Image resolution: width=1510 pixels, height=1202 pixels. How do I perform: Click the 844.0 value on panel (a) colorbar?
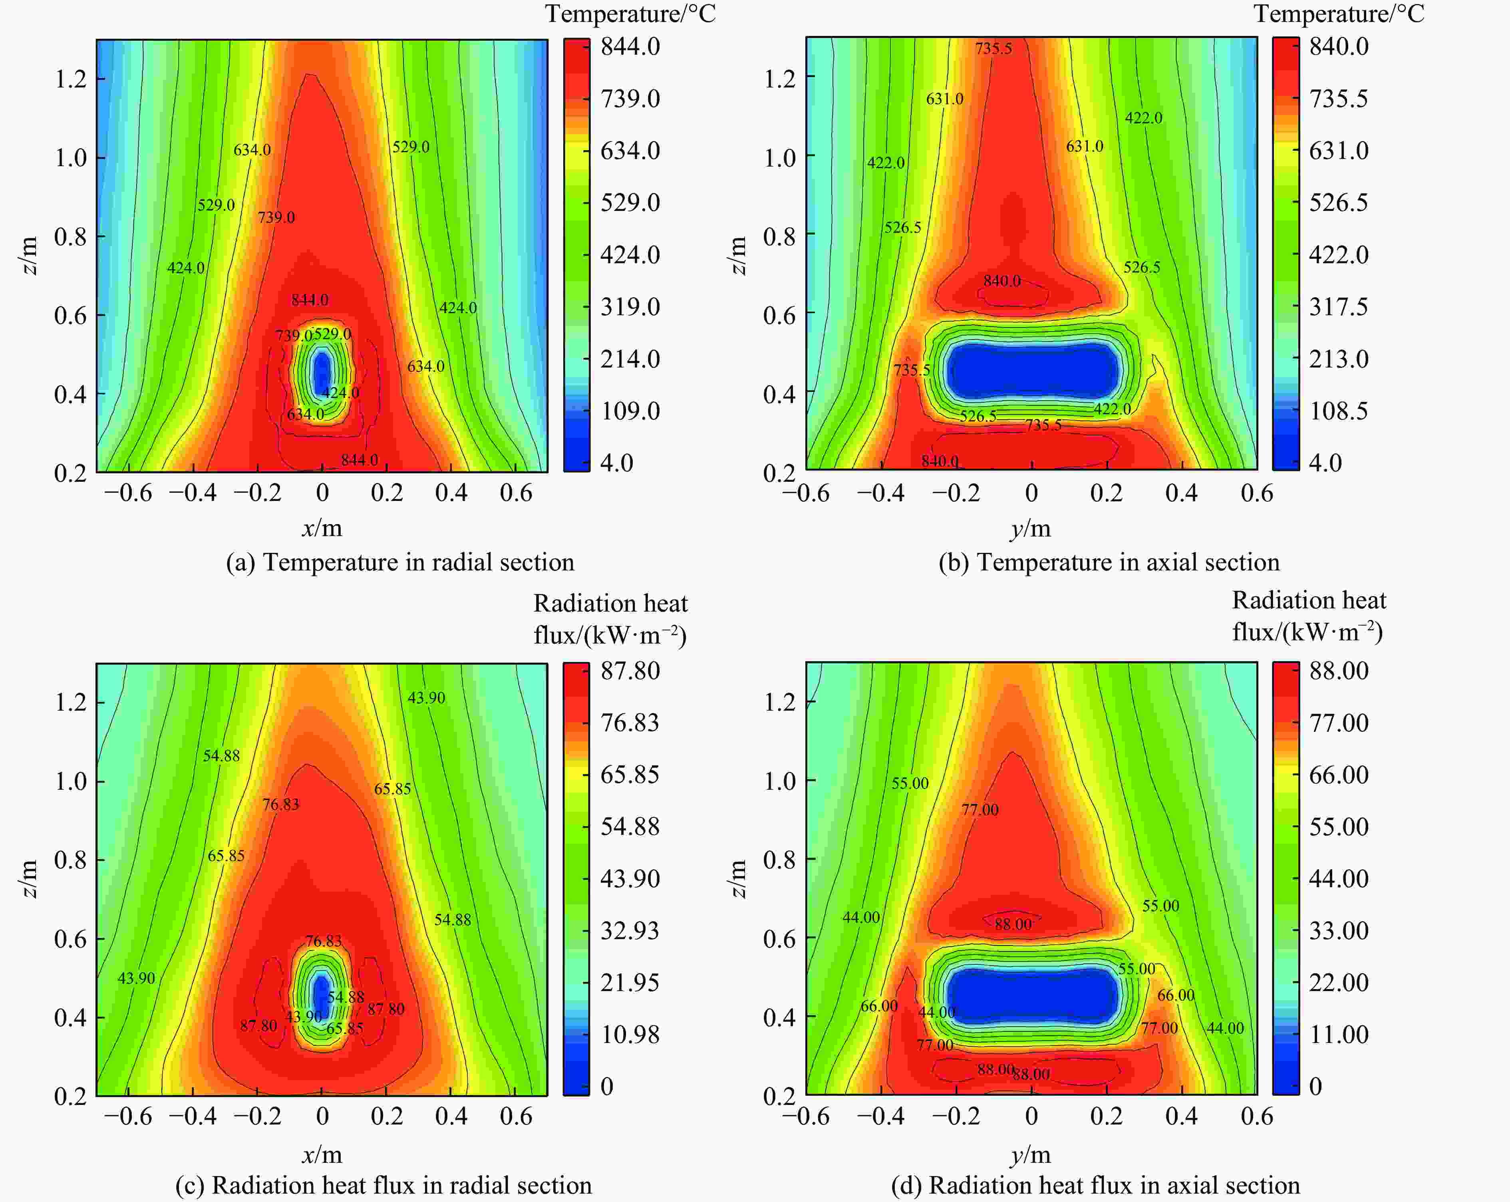click(x=630, y=47)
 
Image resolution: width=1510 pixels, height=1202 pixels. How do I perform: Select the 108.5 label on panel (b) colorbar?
click(x=1338, y=411)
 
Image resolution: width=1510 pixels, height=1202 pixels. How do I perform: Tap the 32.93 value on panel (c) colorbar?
click(x=630, y=931)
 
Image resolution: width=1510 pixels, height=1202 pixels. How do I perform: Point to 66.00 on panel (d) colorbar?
click(x=1338, y=775)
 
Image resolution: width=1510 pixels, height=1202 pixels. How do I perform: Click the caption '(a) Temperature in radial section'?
click(x=400, y=562)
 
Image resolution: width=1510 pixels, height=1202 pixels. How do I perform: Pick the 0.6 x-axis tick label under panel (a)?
click(x=516, y=493)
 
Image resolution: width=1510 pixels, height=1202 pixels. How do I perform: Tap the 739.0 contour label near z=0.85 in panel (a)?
click(x=276, y=217)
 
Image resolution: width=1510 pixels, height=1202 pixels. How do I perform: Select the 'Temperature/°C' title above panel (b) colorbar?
click(x=1338, y=14)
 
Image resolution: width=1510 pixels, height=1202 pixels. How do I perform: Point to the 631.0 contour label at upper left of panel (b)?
click(x=945, y=99)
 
